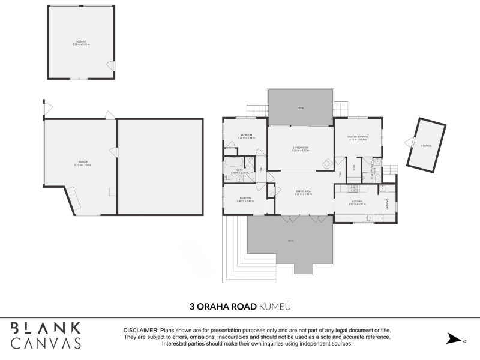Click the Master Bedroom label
[x=357, y=137]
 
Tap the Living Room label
[x=301, y=148]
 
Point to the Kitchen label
[x=357, y=202]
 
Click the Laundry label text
[x=388, y=204]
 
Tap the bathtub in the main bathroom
[x=233, y=162]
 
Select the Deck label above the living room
[x=301, y=109]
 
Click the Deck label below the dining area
[x=290, y=241]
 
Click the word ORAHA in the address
[x=218, y=306]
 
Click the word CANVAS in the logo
[x=46, y=343]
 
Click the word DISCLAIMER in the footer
[x=140, y=331]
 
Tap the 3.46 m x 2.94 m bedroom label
[x=246, y=137]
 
